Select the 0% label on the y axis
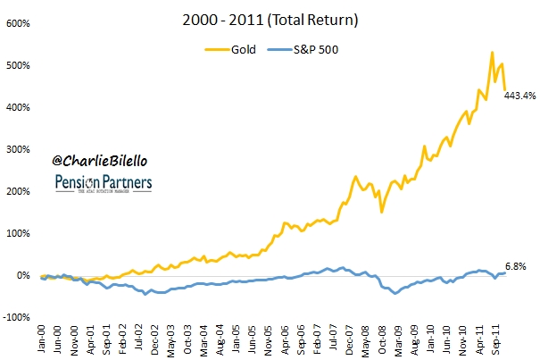point(25,276)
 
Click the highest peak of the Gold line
point(492,53)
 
